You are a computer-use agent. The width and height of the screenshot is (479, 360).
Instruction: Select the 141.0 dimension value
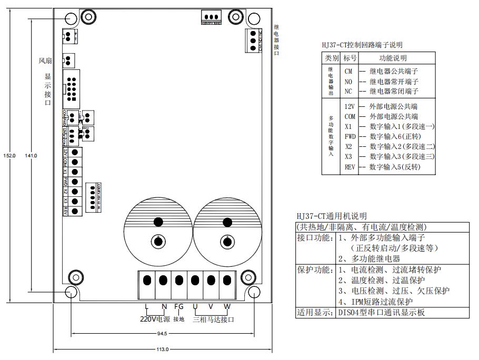[x=31, y=155]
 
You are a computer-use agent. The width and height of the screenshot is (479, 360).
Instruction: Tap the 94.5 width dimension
[x=162, y=333]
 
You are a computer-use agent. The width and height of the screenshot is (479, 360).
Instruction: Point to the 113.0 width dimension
[x=162, y=349]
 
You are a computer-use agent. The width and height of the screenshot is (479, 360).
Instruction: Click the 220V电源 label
[x=155, y=319]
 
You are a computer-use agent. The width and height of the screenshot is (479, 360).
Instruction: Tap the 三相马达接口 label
[x=213, y=319]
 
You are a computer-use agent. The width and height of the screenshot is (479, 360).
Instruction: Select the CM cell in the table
[x=348, y=71]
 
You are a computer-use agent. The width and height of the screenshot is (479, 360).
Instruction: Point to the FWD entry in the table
[x=350, y=136]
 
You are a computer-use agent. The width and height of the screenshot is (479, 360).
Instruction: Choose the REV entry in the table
[x=350, y=167]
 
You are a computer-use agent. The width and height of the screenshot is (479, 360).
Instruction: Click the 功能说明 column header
[x=393, y=58]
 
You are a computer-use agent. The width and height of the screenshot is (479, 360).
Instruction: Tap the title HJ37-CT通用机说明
[x=332, y=216]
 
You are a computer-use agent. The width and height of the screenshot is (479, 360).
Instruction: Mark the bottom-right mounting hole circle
[x=253, y=292]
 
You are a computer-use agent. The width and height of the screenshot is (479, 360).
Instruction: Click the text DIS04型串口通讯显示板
[x=381, y=312]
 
